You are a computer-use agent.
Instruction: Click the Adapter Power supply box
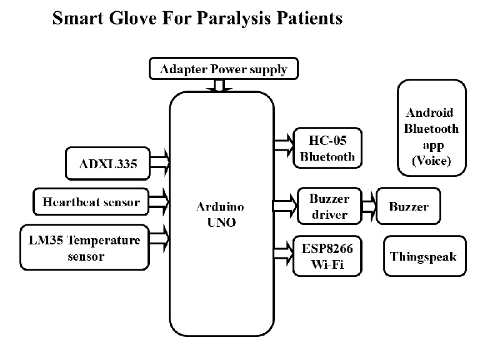coord(222,68)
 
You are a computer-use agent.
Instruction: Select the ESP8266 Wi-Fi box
coord(327,256)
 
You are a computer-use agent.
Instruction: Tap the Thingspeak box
coord(424,256)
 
